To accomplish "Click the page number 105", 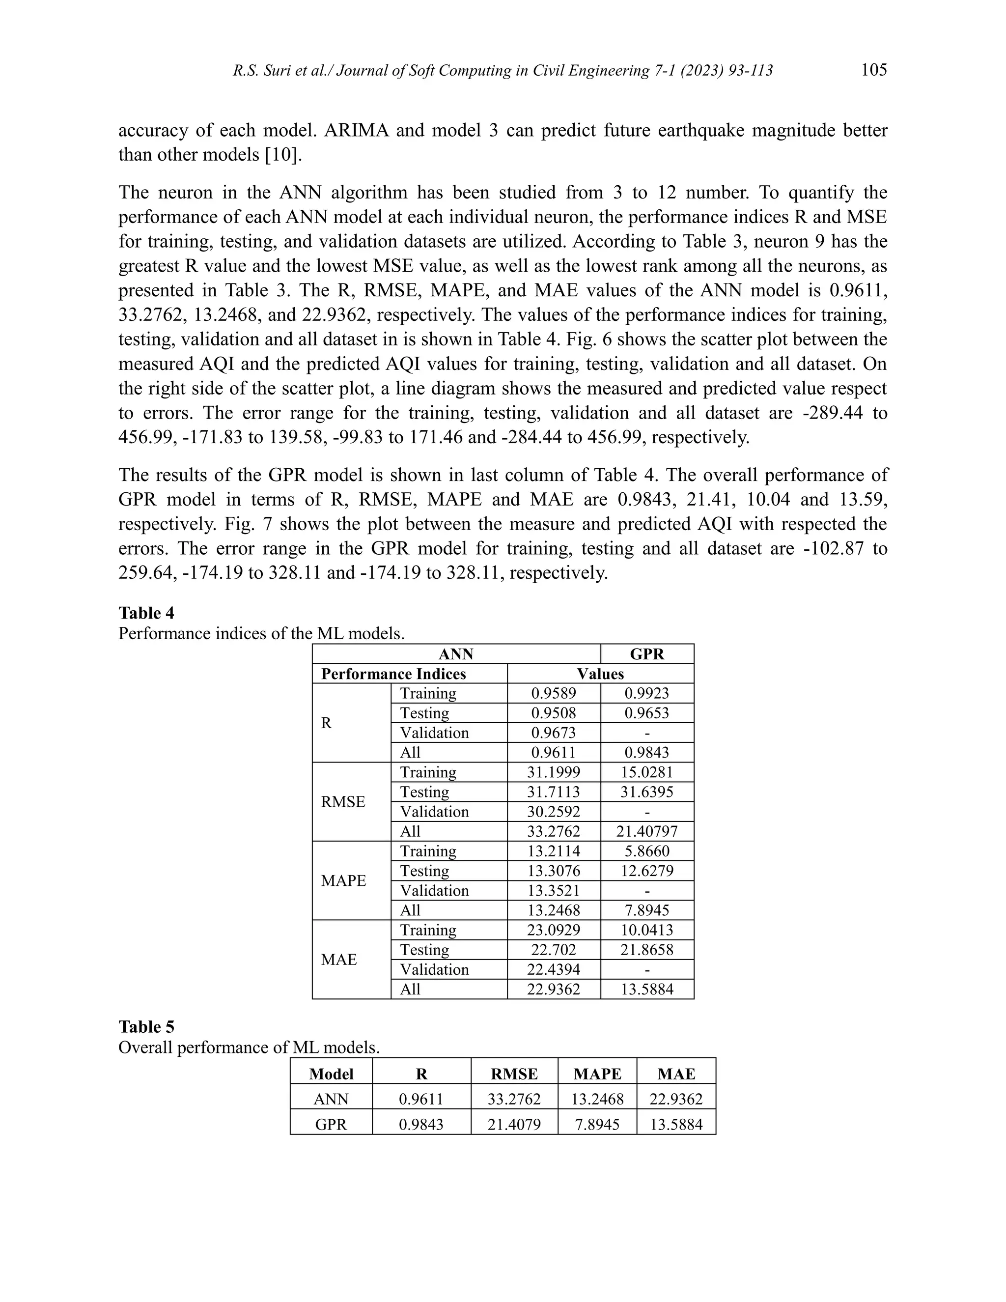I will pyautogui.click(x=874, y=70).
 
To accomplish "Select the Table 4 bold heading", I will pyautogui.click(x=146, y=613).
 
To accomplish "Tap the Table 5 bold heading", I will pyautogui.click(x=146, y=1026).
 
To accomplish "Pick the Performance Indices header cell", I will pyautogui.click(x=393, y=674).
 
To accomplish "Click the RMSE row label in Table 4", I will pyautogui.click(x=343, y=802).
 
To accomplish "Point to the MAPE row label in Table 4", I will pyautogui.click(x=343, y=880).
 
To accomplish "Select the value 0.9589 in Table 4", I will pyautogui.click(x=554, y=693).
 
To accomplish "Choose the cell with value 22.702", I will pyautogui.click(x=554, y=950).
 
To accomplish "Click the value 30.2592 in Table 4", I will pyautogui.click(x=554, y=811).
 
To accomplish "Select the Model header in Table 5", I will pyautogui.click(x=332, y=1074).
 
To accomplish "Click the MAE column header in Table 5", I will pyautogui.click(x=676, y=1074).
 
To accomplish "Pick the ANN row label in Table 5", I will pyautogui.click(x=332, y=1099).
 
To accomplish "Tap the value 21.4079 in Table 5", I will pyautogui.click(x=514, y=1124).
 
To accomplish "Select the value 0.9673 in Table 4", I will pyautogui.click(x=554, y=733).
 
